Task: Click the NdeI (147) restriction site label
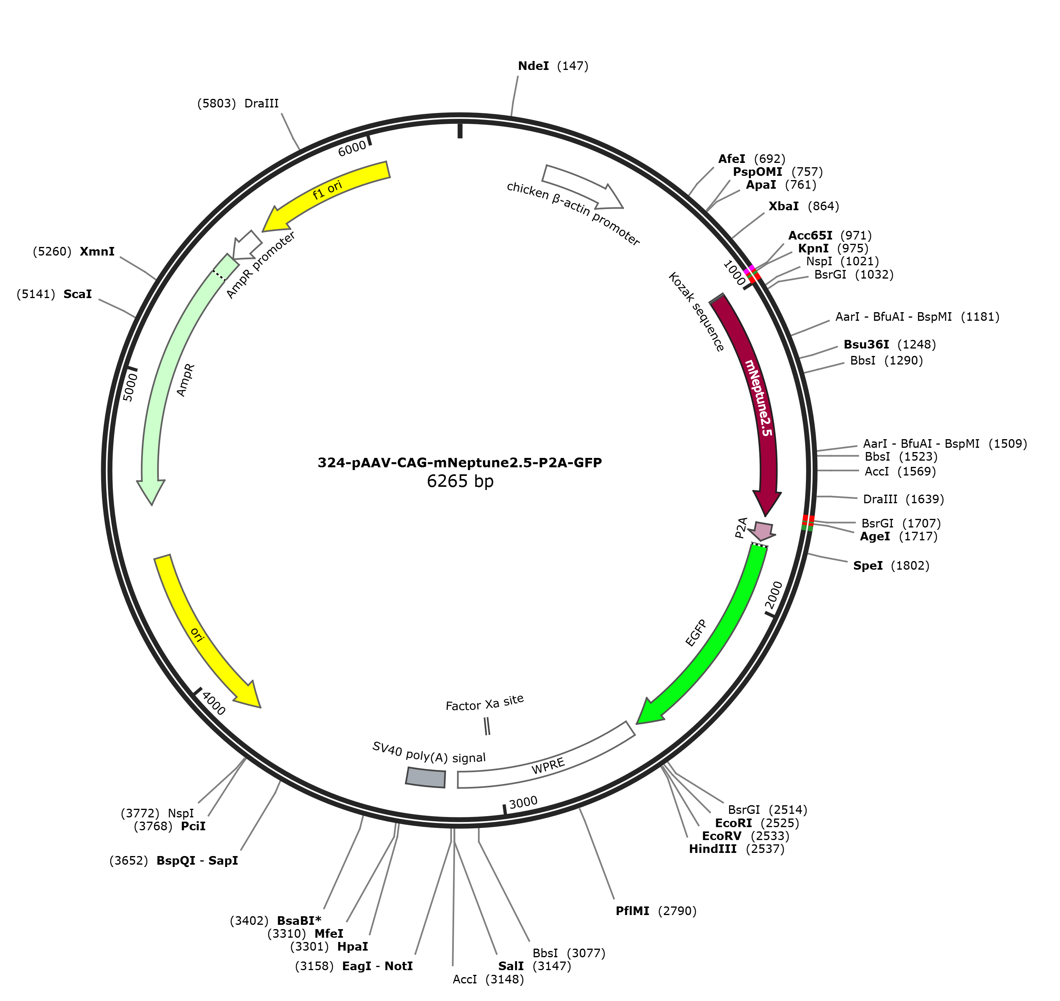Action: [x=553, y=66]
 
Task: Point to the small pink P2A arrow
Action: [x=762, y=531]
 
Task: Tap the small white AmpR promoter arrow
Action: [x=246, y=245]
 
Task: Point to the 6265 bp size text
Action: [x=460, y=481]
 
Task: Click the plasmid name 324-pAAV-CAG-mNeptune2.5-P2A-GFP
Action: [x=460, y=463]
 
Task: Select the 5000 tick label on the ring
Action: [x=130, y=387]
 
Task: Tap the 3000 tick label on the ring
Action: [x=523, y=803]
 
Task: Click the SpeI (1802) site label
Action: [x=891, y=566]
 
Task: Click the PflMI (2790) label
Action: [x=656, y=911]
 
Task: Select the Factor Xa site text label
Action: [x=485, y=703]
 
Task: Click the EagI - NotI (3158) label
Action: [x=354, y=966]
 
